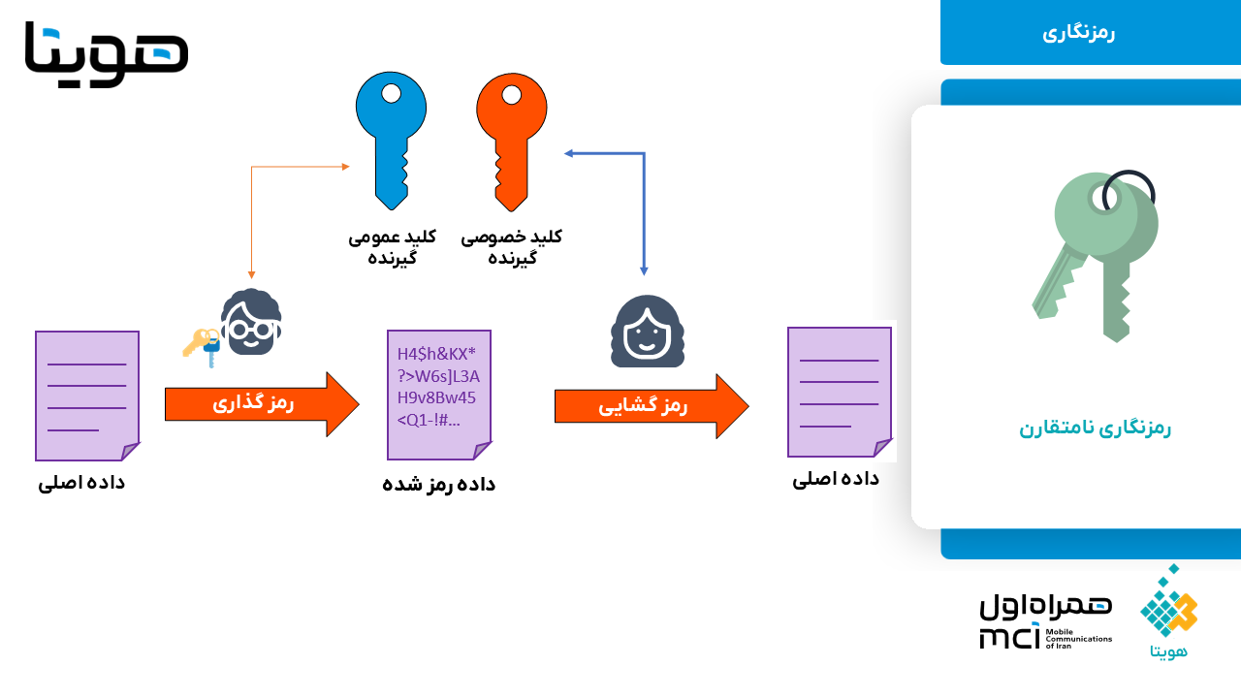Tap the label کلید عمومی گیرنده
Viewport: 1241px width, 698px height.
(393, 247)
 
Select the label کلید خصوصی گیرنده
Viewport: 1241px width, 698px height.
(512, 247)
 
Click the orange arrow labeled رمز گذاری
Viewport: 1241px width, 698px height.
(262, 404)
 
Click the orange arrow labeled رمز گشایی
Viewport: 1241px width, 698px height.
(652, 406)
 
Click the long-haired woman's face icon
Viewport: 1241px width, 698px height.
(647, 332)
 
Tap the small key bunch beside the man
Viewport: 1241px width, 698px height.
(202, 346)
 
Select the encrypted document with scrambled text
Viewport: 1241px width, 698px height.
(439, 395)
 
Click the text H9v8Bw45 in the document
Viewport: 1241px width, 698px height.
(436, 397)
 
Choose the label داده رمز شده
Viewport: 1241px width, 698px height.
(439, 484)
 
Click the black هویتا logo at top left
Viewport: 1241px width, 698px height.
(107, 53)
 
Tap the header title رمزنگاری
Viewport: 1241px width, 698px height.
(1078, 33)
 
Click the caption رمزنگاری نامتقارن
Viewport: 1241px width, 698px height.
(1095, 428)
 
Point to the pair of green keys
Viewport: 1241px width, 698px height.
(1095, 256)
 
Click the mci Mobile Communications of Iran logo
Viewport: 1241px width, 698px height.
(1046, 620)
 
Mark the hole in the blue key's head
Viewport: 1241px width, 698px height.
(391, 93)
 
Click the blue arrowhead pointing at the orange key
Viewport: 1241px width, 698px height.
(569, 153)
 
